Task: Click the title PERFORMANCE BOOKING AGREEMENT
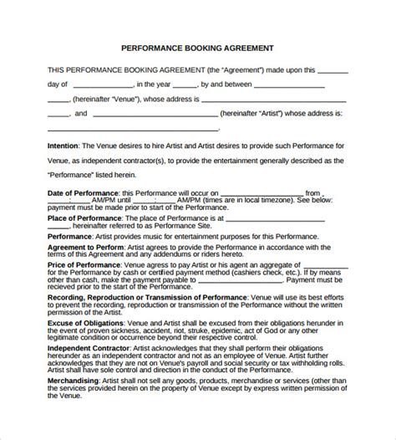[x=197, y=48]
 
